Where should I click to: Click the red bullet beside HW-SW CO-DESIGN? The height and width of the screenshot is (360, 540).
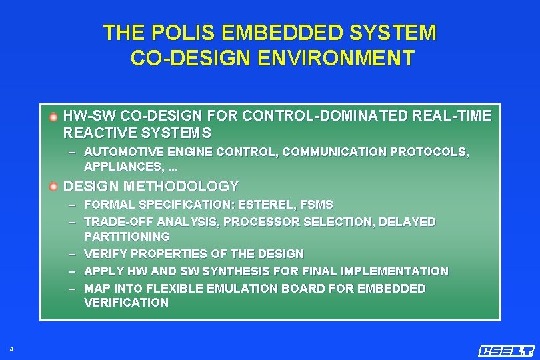pyautogui.click(x=53, y=117)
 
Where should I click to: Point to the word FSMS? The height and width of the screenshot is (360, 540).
pyautogui.click(x=316, y=204)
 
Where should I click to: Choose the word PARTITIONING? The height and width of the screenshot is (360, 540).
pyautogui.click(x=127, y=236)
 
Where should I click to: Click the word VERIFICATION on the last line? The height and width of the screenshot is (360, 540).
pyautogui.click(x=126, y=303)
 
